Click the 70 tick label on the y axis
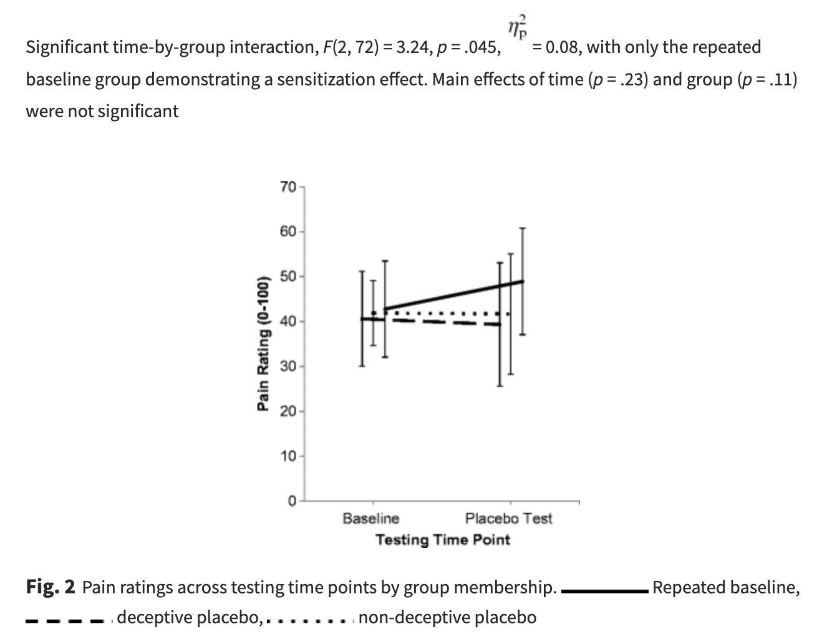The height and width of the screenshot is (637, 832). pos(289,186)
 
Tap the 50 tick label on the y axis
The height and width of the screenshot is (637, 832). pos(289,276)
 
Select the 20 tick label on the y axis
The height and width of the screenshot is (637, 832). pos(289,411)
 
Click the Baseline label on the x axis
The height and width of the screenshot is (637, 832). pos(371,519)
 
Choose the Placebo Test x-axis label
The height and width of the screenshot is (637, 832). pos(508,519)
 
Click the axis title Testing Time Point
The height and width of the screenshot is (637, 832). pos(442,540)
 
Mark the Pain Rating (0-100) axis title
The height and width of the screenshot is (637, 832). pos(264,343)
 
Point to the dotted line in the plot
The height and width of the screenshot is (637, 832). pos(449,313)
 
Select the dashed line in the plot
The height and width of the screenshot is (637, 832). pos(449,322)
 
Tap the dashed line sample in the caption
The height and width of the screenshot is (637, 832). pos(65,621)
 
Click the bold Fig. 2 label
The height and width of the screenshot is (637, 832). pos(51,587)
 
